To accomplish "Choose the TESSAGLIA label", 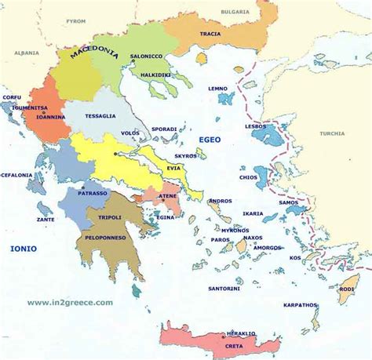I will (x=100, y=116).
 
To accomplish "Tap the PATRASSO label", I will (x=92, y=191).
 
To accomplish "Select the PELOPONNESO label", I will (x=106, y=236).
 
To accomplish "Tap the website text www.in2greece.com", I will (x=70, y=302).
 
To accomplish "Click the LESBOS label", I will (x=256, y=126).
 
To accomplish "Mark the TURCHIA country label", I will (x=332, y=133).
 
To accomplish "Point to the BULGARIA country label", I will (x=234, y=12).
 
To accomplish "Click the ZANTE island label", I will (x=46, y=220).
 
